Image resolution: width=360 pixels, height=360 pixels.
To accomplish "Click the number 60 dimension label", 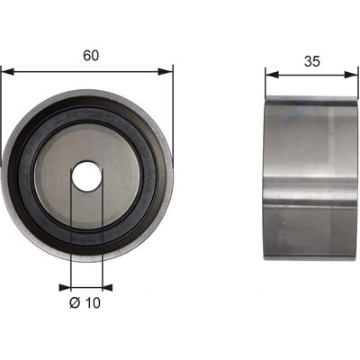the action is tap(91, 56).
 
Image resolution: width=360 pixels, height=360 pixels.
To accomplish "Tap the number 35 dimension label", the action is tap(312, 61).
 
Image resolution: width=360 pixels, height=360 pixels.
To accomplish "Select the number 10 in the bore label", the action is tap(93, 303).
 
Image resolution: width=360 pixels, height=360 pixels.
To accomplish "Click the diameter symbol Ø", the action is tap(75, 303).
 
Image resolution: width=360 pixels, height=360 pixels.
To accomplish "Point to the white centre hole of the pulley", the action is tap(86, 176).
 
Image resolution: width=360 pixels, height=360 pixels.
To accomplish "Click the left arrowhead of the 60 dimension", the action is tap(8, 72).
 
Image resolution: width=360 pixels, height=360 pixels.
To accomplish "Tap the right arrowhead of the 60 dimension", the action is tap(166, 72).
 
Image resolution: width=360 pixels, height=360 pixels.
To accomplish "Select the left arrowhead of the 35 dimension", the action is tap(273, 75).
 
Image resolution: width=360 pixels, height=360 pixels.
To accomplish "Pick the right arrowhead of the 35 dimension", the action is tap(351, 75).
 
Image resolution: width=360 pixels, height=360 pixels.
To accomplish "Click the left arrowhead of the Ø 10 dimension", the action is tap(65, 288).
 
